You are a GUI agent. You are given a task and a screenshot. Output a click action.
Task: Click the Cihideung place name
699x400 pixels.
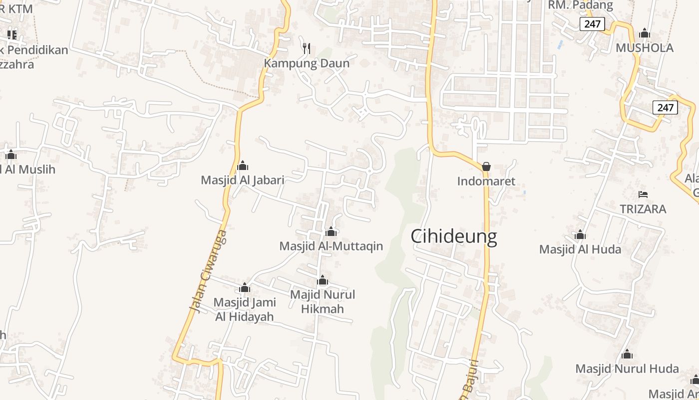[x=453, y=236]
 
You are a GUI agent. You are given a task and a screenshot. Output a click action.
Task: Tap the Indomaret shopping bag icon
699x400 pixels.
[x=486, y=166]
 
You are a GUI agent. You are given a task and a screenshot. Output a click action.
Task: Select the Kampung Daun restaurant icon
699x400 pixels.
[x=307, y=48]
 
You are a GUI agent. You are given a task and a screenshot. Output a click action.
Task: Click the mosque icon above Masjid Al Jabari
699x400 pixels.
[x=243, y=165]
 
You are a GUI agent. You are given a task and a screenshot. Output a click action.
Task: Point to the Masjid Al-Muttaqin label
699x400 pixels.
[x=331, y=246]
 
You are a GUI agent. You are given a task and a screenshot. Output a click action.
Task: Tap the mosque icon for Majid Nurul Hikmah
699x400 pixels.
[x=323, y=280]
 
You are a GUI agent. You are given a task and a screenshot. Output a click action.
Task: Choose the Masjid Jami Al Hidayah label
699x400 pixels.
[x=245, y=309]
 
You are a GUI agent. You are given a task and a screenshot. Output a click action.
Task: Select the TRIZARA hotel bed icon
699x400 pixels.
[x=643, y=194]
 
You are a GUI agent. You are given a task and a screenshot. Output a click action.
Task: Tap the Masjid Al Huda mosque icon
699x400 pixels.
[x=580, y=234]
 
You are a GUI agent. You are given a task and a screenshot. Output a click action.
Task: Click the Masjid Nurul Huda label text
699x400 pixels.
[x=627, y=369]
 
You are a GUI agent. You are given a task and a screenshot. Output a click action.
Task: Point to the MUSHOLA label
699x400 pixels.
[x=645, y=48]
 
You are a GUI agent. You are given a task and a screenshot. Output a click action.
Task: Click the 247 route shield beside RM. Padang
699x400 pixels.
[x=592, y=23]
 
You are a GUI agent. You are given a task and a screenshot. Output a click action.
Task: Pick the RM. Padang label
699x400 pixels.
[x=580, y=5]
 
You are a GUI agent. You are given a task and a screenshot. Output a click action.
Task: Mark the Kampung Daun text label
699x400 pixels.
[x=307, y=63]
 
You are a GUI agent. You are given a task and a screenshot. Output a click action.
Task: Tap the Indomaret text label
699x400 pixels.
[x=486, y=181]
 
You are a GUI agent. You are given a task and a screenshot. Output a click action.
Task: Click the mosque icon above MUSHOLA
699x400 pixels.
[x=645, y=33]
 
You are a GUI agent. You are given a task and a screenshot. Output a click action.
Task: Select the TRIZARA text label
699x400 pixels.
[x=643, y=209]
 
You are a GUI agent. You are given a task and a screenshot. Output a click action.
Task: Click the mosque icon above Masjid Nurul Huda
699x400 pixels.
[x=627, y=354]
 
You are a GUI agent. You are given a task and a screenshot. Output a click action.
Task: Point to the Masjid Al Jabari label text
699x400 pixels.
[x=243, y=180]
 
